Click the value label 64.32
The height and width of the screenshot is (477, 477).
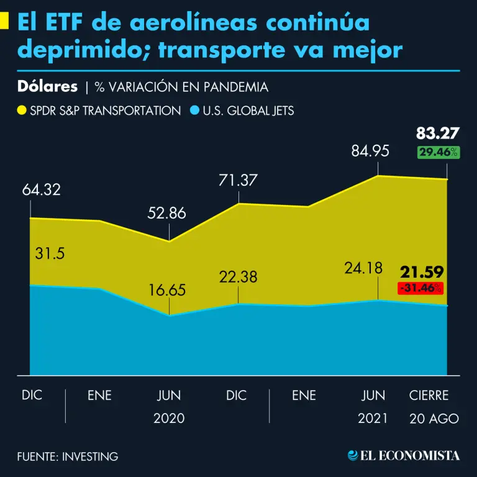pyautogui.click(x=42, y=190)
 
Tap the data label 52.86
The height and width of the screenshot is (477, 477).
pyautogui.click(x=167, y=213)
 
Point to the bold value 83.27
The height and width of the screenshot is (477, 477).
pyautogui.click(x=438, y=134)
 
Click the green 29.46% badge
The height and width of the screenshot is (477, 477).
pyautogui.click(x=438, y=152)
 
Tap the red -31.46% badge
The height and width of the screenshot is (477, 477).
pyautogui.click(x=421, y=288)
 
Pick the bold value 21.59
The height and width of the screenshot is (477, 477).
pyautogui.click(x=421, y=271)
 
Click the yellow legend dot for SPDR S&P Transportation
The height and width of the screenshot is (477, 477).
pyautogui.click(x=22, y=111)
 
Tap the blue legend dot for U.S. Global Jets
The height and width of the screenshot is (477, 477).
pyautogui.click(x=194, y=111)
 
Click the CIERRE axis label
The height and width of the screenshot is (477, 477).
pyautogui.click(x=429, y=396)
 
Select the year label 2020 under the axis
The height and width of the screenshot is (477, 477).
pyautogui.click(x=169, y=419)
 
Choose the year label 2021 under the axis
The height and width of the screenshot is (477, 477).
pyautogui.click(x=373, y=419)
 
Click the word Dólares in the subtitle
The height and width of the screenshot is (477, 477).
pyautogui.click(x=47, y=86)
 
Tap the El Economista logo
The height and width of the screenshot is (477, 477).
pyautogui.click(x=404, y=456)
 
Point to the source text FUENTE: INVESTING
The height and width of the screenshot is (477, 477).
pyautogui.click(x=68, y=457)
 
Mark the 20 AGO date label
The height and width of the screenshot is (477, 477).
pyautogui.click(x=434, y=419)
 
